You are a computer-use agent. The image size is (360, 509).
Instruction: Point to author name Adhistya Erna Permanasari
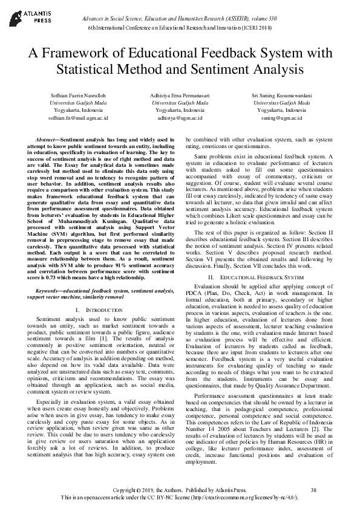180,96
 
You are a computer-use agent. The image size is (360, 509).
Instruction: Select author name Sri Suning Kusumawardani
281,96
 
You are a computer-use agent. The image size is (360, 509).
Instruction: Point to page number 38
313,490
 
